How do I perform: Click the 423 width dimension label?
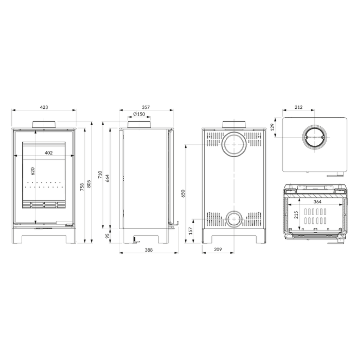44,107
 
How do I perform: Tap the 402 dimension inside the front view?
49,153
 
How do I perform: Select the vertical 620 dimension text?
33,171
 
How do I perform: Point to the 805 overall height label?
89,184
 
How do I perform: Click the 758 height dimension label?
82,187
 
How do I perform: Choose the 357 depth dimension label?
146,107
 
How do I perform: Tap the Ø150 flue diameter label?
139,114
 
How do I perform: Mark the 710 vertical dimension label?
100,175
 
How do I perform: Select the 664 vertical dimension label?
107,178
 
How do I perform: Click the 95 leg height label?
107,236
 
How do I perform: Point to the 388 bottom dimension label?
149,250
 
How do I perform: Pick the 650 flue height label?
183,194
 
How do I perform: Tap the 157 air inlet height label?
190,231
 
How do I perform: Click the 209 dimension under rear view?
218,249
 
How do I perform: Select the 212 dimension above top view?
299,107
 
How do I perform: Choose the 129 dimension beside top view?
273,127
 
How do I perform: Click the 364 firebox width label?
318,202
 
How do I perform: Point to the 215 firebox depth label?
296,215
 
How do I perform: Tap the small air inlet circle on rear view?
234,211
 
